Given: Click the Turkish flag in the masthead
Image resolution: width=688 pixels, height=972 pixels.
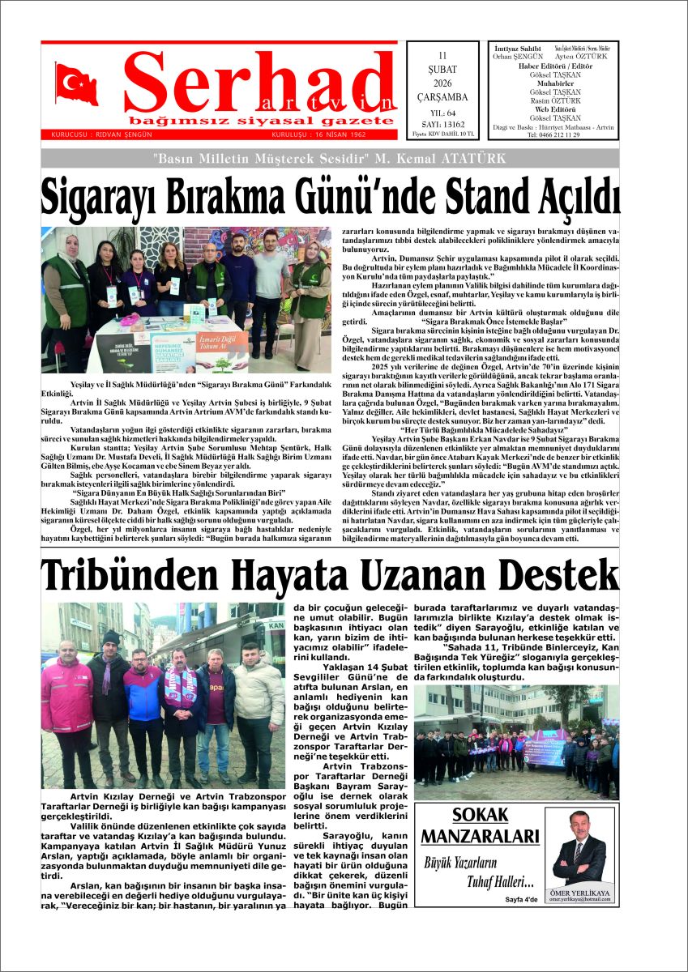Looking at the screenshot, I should [77, 84].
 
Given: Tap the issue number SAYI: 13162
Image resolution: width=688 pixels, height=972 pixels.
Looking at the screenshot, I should [442, 125].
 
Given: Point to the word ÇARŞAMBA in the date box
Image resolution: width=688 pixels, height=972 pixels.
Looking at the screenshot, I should [442, 97].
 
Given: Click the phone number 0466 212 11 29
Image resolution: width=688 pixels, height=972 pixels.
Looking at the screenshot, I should [553, 134].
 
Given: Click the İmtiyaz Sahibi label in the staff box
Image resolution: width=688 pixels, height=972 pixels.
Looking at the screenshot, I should [517, 49].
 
